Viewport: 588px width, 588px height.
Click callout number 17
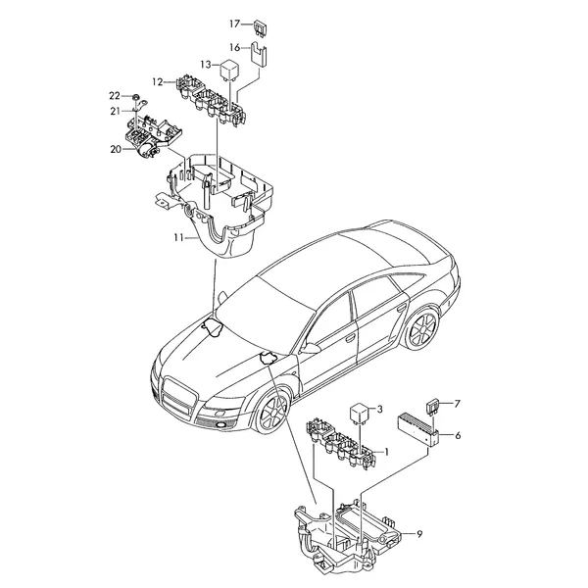click(234, 24)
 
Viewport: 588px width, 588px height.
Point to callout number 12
click(158, 81)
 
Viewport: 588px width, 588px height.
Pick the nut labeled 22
click(136, 97)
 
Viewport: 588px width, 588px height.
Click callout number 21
click(115, 111)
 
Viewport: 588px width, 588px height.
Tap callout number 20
click(116, 149)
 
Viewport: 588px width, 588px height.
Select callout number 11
click(178, 237)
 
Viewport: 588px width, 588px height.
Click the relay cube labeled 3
click(359, 413)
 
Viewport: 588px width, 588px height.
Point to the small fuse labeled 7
click(433, 408)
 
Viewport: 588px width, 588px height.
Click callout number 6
click(458, 435)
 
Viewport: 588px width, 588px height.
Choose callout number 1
click(387, 452)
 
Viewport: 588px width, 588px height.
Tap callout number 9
click(419, 534)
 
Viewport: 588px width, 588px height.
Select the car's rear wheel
click(423, 329)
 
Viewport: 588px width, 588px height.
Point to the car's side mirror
click(310, 348)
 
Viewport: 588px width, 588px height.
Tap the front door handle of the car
click(350, 338)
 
